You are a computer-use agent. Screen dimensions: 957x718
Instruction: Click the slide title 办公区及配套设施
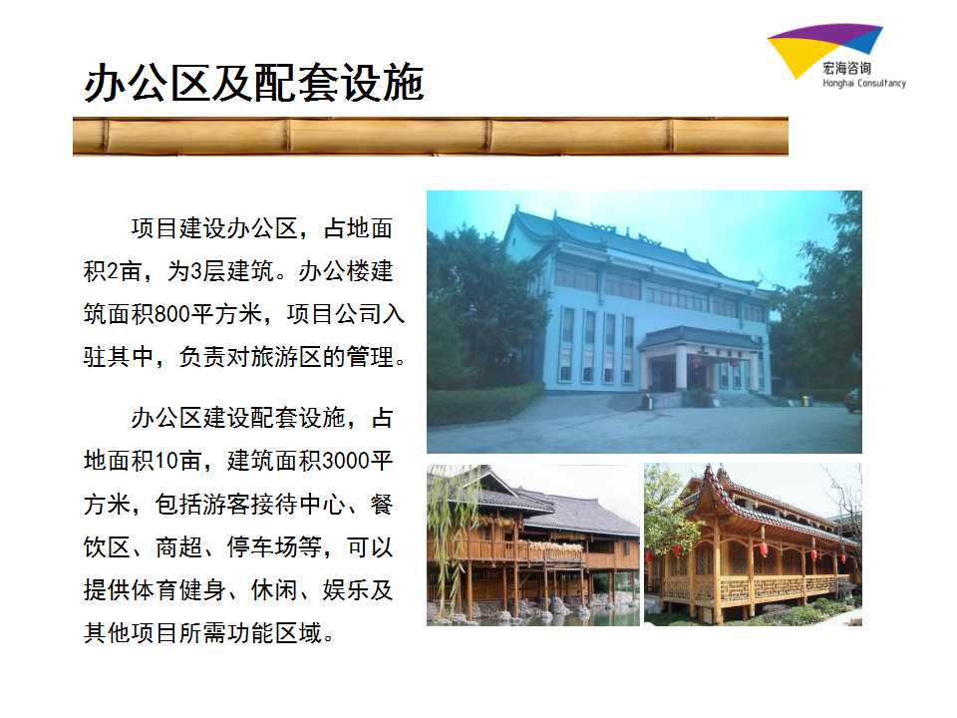tap(254, 83)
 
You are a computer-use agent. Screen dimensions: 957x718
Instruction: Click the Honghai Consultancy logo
tap(835, 55)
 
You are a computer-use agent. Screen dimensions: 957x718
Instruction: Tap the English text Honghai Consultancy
tap(863, 83)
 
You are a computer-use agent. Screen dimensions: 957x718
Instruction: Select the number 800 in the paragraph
tap(172, 314)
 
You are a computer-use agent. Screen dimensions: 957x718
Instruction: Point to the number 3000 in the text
tap(346, 461)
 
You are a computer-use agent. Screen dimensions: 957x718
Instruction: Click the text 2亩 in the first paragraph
tap(119, 271)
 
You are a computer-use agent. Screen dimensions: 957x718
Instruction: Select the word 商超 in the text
tap(178, 547)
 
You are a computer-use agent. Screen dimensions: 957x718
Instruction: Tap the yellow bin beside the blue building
tap(805, 401)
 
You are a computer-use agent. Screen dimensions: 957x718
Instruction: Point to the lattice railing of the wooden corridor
tap(757, 589)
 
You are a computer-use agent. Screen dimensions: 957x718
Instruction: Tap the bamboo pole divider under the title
tap(431, 137)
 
